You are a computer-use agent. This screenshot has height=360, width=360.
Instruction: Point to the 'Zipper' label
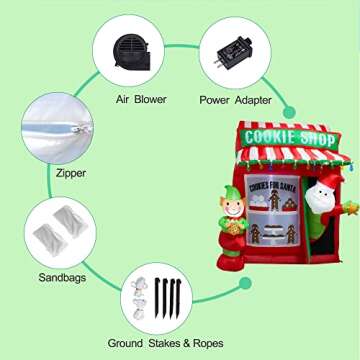(x=43, y=173)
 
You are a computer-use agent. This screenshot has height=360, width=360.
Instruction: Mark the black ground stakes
(x=169, y=296)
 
